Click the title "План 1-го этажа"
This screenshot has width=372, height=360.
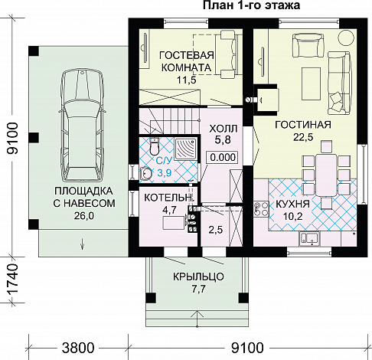[251, 5]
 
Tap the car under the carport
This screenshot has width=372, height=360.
[82, 126]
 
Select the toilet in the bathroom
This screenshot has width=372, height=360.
[154, 146]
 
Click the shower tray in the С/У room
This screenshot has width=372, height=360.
[185, 149]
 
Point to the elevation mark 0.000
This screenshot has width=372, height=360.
[223, 157]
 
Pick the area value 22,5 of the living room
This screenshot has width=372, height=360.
[303, 137]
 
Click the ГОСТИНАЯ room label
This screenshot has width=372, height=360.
[303, 125]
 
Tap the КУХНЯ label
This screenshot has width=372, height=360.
[292, 204]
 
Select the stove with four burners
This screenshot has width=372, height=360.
[261, 209]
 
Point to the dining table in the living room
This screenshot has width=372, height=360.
[326, 175]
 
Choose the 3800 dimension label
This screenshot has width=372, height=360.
[78, 348]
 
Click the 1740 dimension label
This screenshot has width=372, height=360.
[12, 280]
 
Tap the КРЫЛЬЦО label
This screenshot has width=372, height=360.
[198, 277]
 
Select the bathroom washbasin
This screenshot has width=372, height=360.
[145, 173]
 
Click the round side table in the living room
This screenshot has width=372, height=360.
[347, 38]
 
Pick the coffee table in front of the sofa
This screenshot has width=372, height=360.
[311, 84]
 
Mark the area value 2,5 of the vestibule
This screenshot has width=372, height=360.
[216, 230]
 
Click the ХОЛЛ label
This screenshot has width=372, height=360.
[224, 129]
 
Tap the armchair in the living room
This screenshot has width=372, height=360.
[308, 45]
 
